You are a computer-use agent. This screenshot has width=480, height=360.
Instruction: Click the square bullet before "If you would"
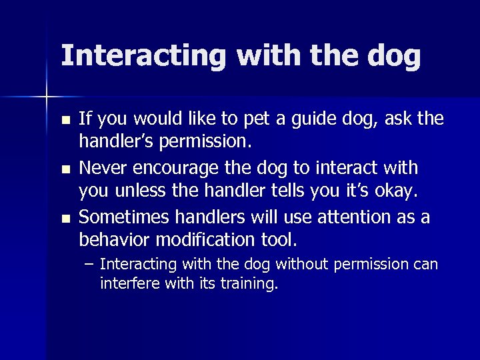tap(64, 121)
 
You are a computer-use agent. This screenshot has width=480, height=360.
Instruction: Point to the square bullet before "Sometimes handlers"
tap(64, 218)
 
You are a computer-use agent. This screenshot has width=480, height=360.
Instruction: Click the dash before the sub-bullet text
tap(90, 265)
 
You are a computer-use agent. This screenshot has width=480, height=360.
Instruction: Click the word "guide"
tap(307, 120)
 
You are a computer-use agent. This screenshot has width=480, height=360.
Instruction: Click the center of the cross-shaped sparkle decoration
tap(46, 97)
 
